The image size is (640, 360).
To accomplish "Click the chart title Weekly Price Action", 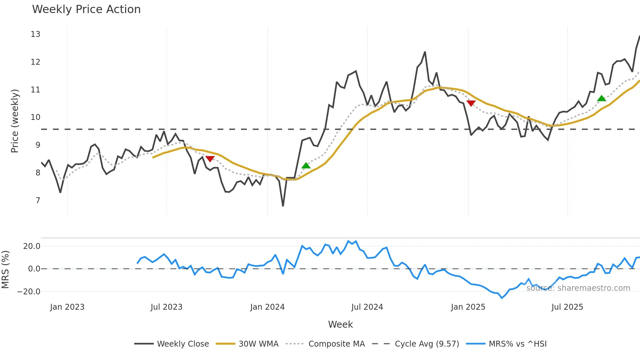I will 86,9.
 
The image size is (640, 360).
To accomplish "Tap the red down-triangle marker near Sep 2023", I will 210,159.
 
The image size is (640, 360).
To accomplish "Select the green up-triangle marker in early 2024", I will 306,166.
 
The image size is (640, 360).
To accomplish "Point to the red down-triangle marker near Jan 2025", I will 471,103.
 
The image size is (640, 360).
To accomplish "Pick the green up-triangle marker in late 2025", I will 601,98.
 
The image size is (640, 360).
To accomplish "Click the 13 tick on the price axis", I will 35,34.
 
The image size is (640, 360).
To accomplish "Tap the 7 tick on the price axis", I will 38,200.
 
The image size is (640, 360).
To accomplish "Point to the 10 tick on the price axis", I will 35,117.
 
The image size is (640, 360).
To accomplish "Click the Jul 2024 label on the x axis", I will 367,307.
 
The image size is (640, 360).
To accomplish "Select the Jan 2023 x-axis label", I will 67,307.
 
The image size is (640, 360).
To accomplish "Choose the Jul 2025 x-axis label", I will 567,307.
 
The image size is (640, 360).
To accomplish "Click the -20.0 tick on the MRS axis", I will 29,291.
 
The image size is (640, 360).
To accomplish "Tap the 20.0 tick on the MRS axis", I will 32,246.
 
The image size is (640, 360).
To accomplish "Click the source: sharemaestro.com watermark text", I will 578,288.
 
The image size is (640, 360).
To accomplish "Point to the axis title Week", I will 340,324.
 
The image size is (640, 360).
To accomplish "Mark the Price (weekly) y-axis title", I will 15,121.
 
